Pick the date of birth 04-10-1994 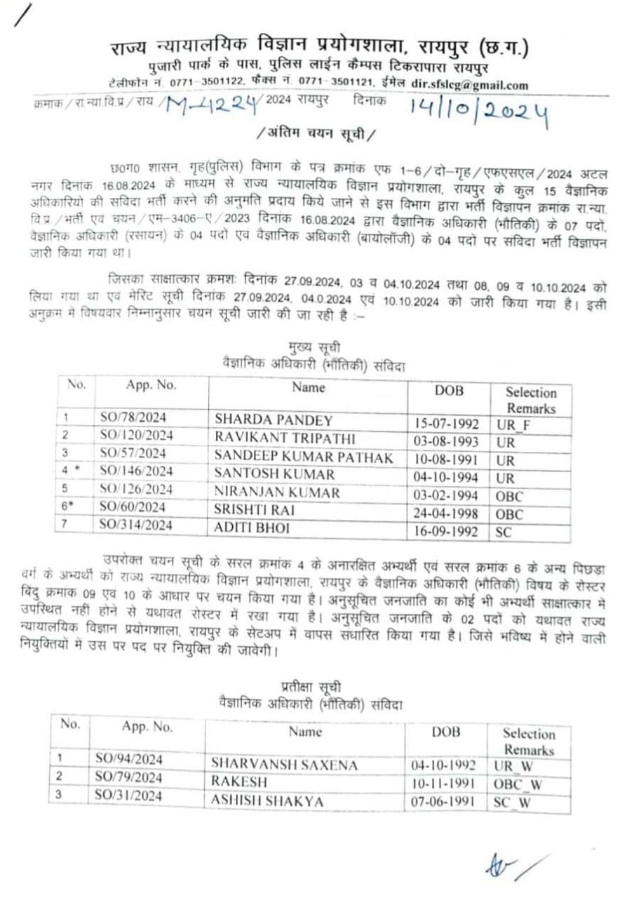(x=447, y=476)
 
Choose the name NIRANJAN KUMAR (x=277, y=492)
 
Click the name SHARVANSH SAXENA (x=284, y=765)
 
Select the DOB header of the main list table (x=449, y=391)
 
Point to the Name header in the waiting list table (x=306, y=732)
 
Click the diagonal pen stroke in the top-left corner (x=22, y=15)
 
